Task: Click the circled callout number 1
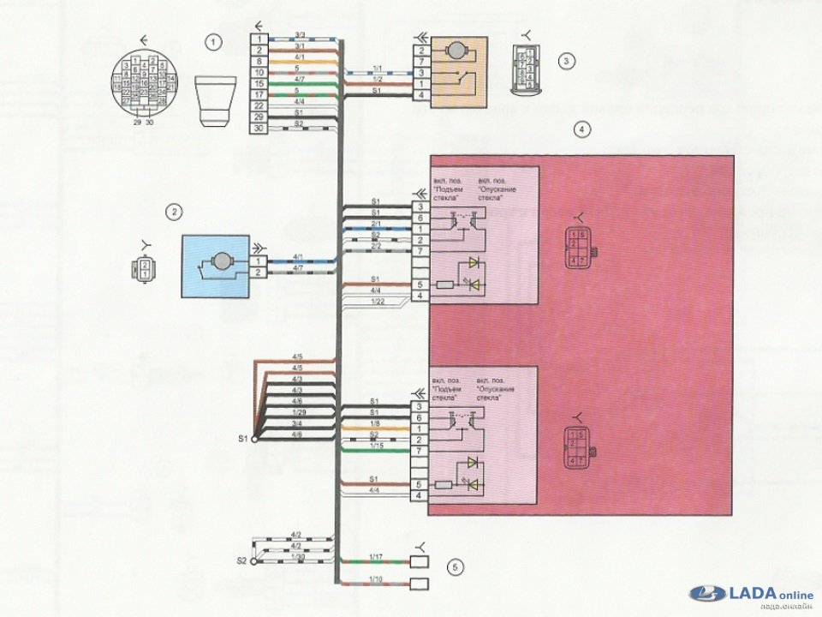pyautogui.click(x=212, y=40)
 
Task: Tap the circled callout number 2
pyautogui.click(x=175, y=210)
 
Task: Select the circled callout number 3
pyautogui.click(x=565, y=61)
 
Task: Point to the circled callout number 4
pyautogui.click(x=581, y=130)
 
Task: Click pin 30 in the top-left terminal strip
pyautogui.click(x=258, y=128)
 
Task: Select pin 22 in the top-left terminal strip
pyautogui.click(x=258, y=105)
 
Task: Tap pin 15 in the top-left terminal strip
pyautogui.click(x=258, y=83)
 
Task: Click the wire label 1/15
pyautogui.click(x=375, y=446)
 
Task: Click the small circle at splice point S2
pyautogui.click(x=254, y=561)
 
